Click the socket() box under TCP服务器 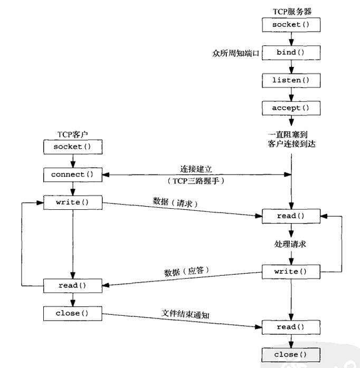(289, 25)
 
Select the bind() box (289, 53)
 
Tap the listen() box (289, 80)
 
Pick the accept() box (289, 108)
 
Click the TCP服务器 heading (289, 11)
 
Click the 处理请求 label (289, 244)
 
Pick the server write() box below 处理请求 (289, 272)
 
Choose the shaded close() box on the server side (289, 354)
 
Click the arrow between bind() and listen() (289, 66)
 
